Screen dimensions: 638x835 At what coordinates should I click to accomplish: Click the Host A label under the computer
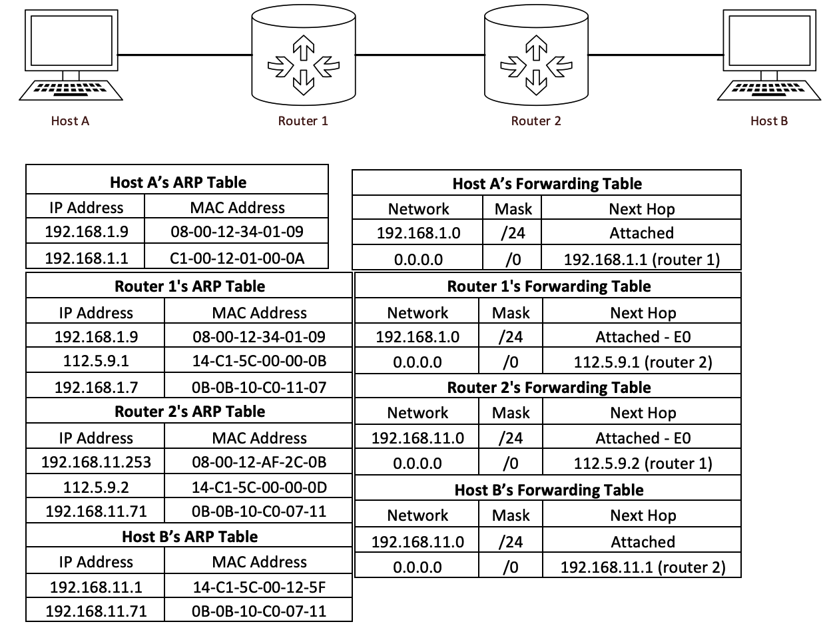point(70,121)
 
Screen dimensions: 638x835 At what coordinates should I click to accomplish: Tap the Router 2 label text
point(536,121)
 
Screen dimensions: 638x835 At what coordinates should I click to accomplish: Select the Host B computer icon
point(769,56)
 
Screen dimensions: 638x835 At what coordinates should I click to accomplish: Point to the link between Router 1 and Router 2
point(420,54)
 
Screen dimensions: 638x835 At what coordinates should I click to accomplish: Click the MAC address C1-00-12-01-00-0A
point(237,258)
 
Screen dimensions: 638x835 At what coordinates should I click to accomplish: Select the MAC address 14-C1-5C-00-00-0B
point(259,362)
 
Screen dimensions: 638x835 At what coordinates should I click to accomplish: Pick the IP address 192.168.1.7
point(96,387)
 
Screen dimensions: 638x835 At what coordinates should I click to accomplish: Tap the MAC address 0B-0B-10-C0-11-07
point(259,387)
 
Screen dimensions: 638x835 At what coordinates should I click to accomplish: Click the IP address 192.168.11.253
point(96,462)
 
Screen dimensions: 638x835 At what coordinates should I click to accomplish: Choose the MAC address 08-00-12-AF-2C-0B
point(259,462)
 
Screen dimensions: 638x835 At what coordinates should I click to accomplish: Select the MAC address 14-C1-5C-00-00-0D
point(259,487)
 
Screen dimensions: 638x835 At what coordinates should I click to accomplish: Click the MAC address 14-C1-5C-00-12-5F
point(259,587)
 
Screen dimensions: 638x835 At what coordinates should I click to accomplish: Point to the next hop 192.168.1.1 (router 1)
point(642,259)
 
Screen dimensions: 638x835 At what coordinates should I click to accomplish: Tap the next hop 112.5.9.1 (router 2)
point(643,362)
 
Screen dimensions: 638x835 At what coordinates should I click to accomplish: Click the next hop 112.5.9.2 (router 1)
point(643,464)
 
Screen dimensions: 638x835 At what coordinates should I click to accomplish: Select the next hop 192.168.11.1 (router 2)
point(643,567)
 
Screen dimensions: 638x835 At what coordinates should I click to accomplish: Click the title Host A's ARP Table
point(178,182)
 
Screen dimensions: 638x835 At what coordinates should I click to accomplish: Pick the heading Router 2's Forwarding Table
point(549,388)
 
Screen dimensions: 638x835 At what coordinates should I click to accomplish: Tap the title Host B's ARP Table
point(190,537)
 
